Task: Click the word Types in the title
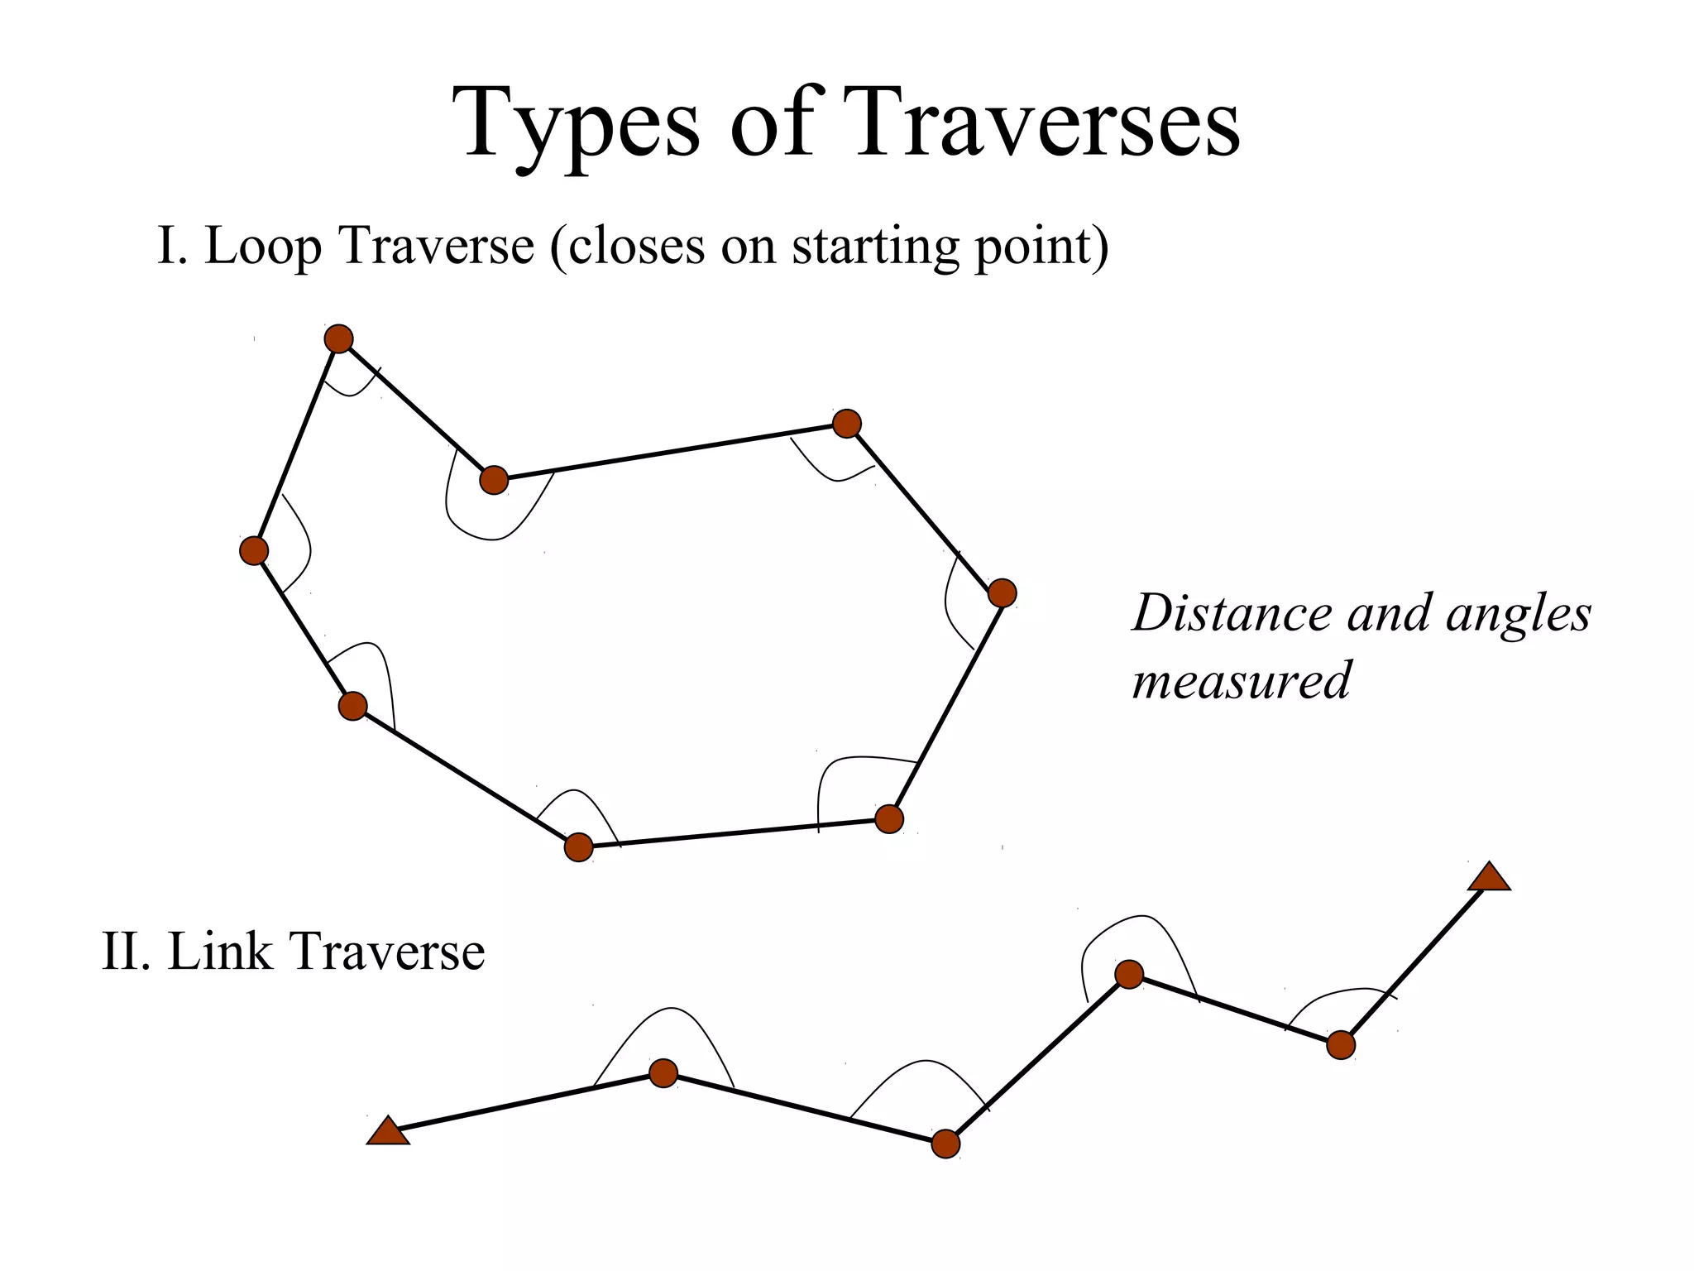click(x=576, y=124)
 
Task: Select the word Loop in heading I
click(x=263, y=246)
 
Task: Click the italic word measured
click(x=1241, y=681)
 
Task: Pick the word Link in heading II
click(x=219, y=951)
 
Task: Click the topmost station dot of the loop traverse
click(x=339, y=338)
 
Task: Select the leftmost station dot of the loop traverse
click(x=254, y=550)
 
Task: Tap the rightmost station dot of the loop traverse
click(x=1002, y=592)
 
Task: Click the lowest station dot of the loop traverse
click(x=579, y=847)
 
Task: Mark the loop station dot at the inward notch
click(x=494, y=479)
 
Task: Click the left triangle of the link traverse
click(x=388, y=1132)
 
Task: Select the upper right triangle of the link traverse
click(x=1489, y=878)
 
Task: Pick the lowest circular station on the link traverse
click(x=945, y=1144)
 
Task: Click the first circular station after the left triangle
click(x=663, y=1073)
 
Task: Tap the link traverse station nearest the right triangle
click(x=1341, y=1045)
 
